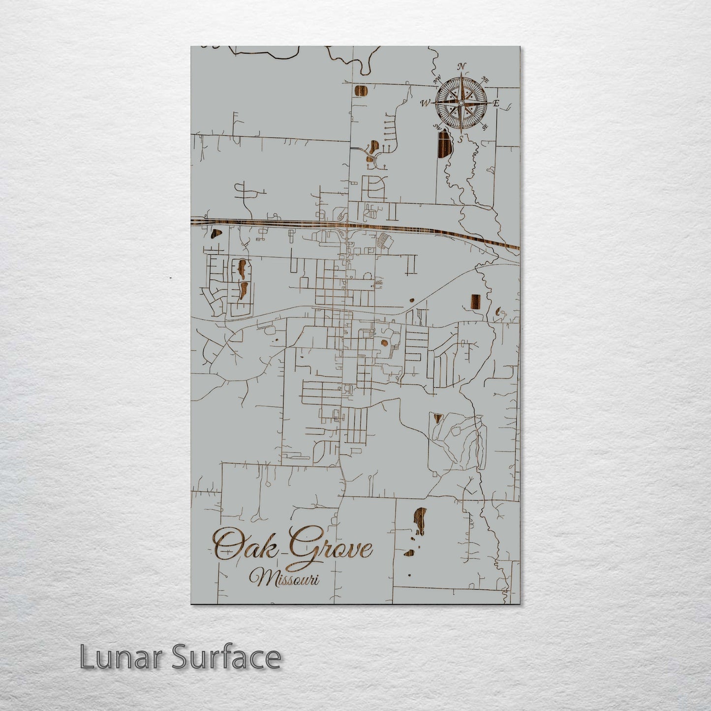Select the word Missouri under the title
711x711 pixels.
pyautogui.click(x=284, y=577)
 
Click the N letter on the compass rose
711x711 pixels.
pyautogui.click(x=462, y=66)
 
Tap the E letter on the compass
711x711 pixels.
pyautogui.click(x=496, y=103)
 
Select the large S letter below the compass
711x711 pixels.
pyautogui.click(x=461, y=139)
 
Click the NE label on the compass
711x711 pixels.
pyautogui.click(x=484, y=80)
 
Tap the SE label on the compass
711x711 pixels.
pyautogui.click(x=485, y=127)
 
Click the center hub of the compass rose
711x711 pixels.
pyautogui.click(x=461, y=103)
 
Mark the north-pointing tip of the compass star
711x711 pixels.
pyautogui.click(x=462, y=74)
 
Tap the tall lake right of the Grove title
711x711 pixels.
pyautogui.click(x=419, y=521)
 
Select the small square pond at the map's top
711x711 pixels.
pyautogui.click(x=361, y=91)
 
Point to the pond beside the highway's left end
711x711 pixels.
pyautogui.click(x=216, y=234)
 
